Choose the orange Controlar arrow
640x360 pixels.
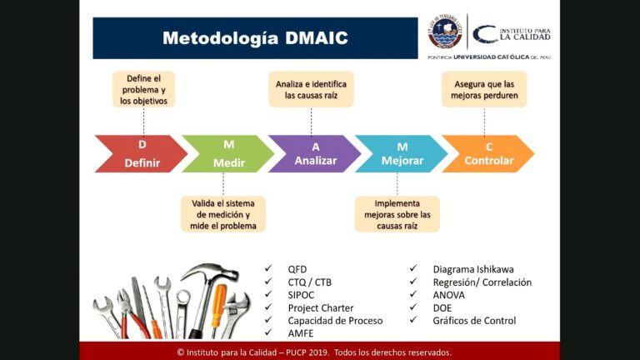pos(488,154)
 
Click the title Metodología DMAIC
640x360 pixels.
pos(255,38)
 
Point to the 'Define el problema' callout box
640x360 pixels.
pos(144,89)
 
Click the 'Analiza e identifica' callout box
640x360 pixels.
pos(311,89)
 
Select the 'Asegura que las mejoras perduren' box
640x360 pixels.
pos(484,89)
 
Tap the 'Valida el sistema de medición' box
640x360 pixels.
pos(223,214)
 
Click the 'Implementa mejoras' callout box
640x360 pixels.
pos(397,214)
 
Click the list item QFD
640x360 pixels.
pos(297,269)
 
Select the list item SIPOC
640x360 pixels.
pos(302,295)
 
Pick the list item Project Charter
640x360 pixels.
pos(321,308)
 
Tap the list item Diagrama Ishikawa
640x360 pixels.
pos(473,269)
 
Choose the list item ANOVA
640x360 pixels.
pos(449,295)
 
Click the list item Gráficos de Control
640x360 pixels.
pos(474,321)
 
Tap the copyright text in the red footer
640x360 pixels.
pos(314,352)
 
